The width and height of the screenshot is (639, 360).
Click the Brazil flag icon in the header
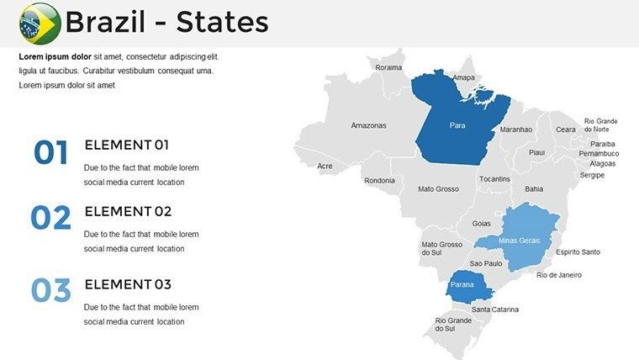39,23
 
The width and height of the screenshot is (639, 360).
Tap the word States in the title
221,22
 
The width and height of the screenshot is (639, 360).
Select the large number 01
50,153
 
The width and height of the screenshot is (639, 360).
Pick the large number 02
50,219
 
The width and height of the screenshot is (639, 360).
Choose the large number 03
50,291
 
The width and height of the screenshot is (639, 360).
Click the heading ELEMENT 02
128,211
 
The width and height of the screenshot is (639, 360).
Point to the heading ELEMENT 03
128,283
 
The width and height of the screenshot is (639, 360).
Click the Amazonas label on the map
368,125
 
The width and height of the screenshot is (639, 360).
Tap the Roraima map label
388,67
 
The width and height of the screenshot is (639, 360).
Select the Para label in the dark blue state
457,125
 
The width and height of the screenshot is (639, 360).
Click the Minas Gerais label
519,241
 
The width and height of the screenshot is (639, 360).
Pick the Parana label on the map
462,285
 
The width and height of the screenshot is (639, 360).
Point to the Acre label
325,166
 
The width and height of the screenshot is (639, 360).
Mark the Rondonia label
379,180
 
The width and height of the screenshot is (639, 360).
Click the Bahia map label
534,189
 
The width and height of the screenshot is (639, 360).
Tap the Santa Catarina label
495,309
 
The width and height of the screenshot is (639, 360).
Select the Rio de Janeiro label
559,275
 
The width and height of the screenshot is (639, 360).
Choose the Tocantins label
494,179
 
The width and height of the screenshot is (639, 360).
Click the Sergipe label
592,175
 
